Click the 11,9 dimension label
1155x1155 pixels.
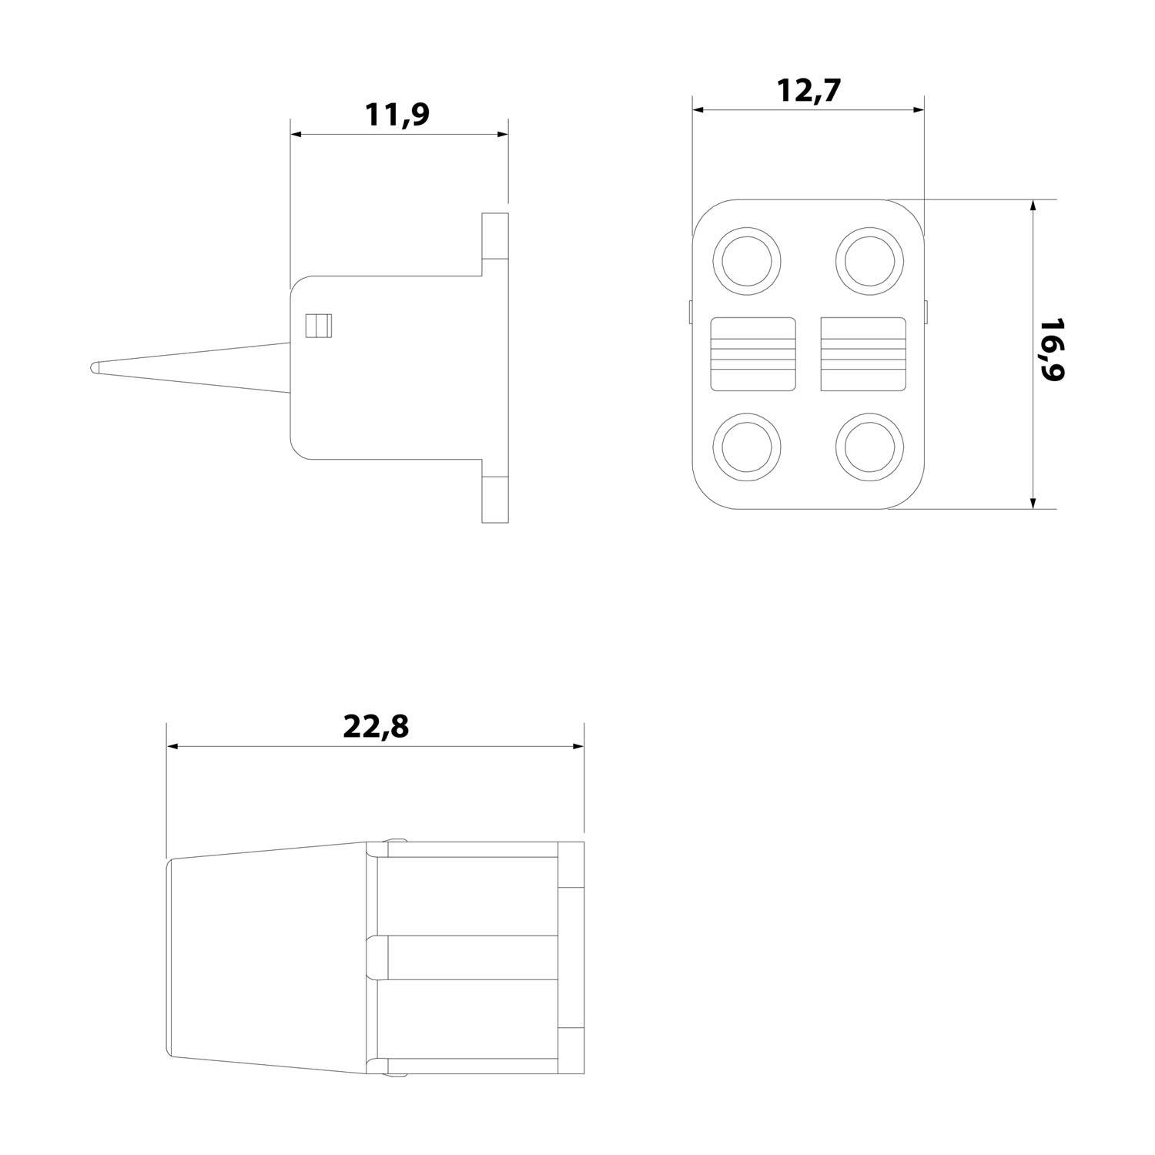click(397, 115)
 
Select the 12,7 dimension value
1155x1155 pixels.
click(808, 91)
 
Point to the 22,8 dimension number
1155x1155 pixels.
click(375, 726)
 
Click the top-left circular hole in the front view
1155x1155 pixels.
click(747, 259)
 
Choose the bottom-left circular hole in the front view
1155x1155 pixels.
click(747, 447)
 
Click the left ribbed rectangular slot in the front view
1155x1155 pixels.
click(752, 353)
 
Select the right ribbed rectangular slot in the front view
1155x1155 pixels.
click(863, 353)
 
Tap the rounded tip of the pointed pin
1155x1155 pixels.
click(94, 367)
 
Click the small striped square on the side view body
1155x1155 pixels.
click(317, 326)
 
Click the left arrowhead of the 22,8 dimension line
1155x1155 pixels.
click(173, 746)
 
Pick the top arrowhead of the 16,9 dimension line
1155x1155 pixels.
click(1033, 206)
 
